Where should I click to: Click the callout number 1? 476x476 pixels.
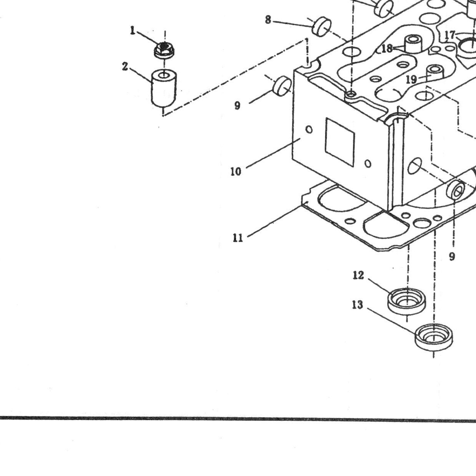pyautogui.click(x=133, y=31)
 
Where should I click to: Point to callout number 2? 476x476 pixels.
pyautogui.click(x=125, y=66)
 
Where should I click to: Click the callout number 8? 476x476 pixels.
pyautogui.click(x=268, y=20)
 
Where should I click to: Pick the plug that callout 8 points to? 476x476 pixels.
pyautogui.click(x=321, y=26)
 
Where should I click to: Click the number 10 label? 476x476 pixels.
pyautogui.click(x=236, y=172)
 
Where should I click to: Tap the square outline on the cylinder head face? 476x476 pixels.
pyautogui.click(x=340, y=142)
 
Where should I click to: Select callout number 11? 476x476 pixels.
pyautogui.click(x=238, y=238)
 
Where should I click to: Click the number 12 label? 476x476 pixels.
pyautogui.click(x=358, y=275)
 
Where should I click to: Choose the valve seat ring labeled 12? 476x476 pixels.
pyautogui.click(x=407, y=301)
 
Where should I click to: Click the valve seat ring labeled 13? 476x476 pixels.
pyautogui.click(x=433, y=337)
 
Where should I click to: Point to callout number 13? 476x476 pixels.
pyautogui.click(x=357, y=305)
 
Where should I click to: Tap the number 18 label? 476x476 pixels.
pyautogui.click(x=387, y=48)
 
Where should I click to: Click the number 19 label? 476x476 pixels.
pyautogui.click(x=411, y=79)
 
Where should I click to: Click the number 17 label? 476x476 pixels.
pyautogui.click(x=450, y=35)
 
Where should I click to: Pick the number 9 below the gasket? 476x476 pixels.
pyautogui.click(x=452, y=257)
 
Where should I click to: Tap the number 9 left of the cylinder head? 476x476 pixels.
pyautogui.click(x=237, y=106)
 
